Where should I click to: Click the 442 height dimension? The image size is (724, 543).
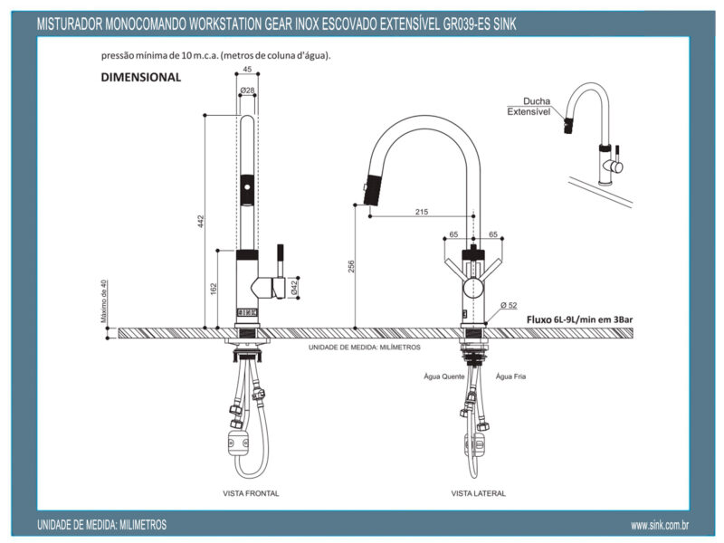click(x=201, y=220)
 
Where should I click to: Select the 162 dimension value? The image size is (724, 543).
click(x=213, y=288)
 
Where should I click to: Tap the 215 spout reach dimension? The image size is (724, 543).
click(x=421, y=212)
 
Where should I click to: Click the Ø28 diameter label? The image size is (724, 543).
click(x=246, y=90)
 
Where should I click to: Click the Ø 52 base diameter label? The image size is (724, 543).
click(x=508, y=306)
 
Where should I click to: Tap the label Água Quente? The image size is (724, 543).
click(x=443, y=376)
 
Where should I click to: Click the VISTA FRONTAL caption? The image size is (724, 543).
click(x=250, y=493)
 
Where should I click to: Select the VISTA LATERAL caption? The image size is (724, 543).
click(x=478, y=493)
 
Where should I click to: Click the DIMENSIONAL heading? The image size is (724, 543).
click(x=141, y=78)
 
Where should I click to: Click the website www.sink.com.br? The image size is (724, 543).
click(x=661, y=525)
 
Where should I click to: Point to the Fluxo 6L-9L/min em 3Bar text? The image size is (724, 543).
click(x=579, y=319)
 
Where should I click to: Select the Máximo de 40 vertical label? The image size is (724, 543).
click(x=104, y=301)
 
